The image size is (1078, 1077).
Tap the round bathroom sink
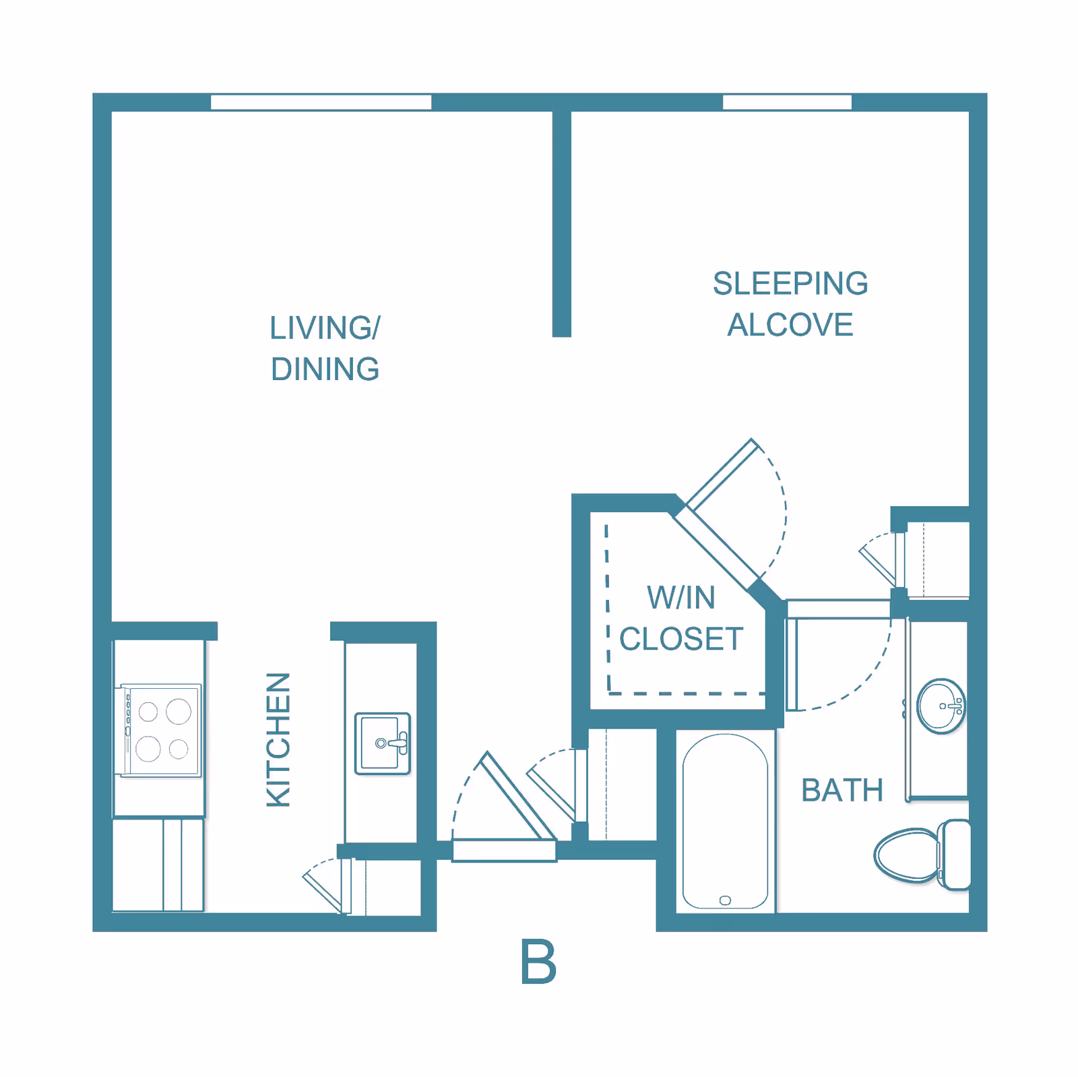[x=941, y=706]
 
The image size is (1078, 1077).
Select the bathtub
[x=725, y=822]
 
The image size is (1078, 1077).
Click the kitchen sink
[x=383, y=743]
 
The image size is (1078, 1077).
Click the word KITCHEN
[x=278, y=739]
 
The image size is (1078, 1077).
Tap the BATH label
[x=842, y=790]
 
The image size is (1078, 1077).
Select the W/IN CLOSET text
[x=681, y=618]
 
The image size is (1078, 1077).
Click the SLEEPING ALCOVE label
[x=790, y=304]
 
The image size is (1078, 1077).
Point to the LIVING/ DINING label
[x=325, y=348]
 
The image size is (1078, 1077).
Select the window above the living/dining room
[x=321, y=102]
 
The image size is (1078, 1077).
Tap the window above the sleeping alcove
[x=787, y=102]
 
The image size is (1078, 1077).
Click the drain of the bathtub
[x=725, y=900]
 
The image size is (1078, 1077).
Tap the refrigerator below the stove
[x=158, y=865]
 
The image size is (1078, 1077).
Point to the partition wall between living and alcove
[x=562, y=224]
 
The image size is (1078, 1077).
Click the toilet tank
[x=955, y=855]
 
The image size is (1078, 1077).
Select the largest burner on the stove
[x=179, y=711]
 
